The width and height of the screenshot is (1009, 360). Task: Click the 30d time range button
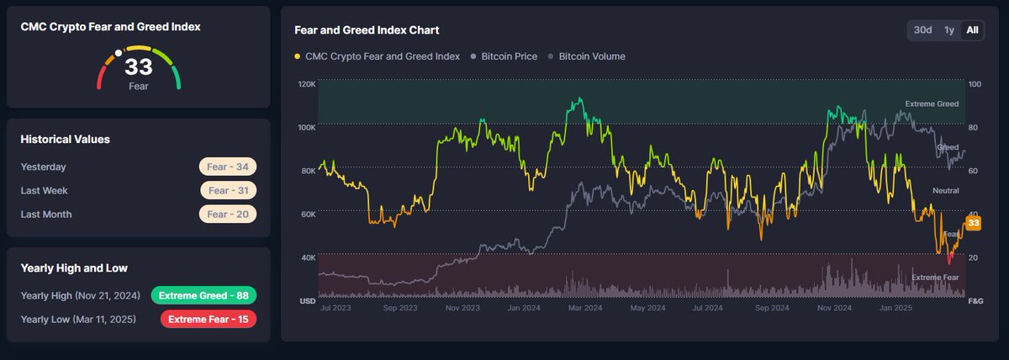pyautogui.click(x=922, y=30)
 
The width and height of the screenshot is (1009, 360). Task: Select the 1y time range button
pyautogui.click(x=948, y=30)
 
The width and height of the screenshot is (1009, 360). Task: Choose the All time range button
pyautogui.click(x=972, y=30)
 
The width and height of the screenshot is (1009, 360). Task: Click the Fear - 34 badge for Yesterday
pyautogui.click(x=227, y=167)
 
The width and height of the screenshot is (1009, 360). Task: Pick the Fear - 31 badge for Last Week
pyautogui.click(x=228, y=190)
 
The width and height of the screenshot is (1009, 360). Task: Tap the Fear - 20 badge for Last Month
pyautogui.click(x=227, y=214)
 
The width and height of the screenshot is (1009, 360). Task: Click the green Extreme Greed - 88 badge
pyautogui.click(x=203, y=295)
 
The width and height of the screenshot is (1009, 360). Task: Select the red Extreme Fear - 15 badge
pyautogui.click(x=208, y=319)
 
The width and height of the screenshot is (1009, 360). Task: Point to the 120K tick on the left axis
pyautogui.click(x=306, y=84)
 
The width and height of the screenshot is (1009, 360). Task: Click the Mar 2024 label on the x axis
pyautogui.click(x=586, y=308)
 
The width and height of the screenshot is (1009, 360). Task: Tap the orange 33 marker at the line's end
pyautogui.click(x=974, y=223)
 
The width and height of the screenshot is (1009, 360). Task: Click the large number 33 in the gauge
pyautogui.click(x=138, y=68)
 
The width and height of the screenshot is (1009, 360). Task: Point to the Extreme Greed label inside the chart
pyautogui.click(x=932, y=104)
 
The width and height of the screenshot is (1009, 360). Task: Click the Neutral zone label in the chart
pyautogui.click(x=945, y=191)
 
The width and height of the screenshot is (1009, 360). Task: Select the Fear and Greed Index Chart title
pyautogui.click(x=367, y=30)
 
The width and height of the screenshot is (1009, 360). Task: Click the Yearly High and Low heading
pyautogui.click(x=74, y=268)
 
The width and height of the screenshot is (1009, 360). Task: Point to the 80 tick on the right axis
pyautogui.click(x=974, y=128)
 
